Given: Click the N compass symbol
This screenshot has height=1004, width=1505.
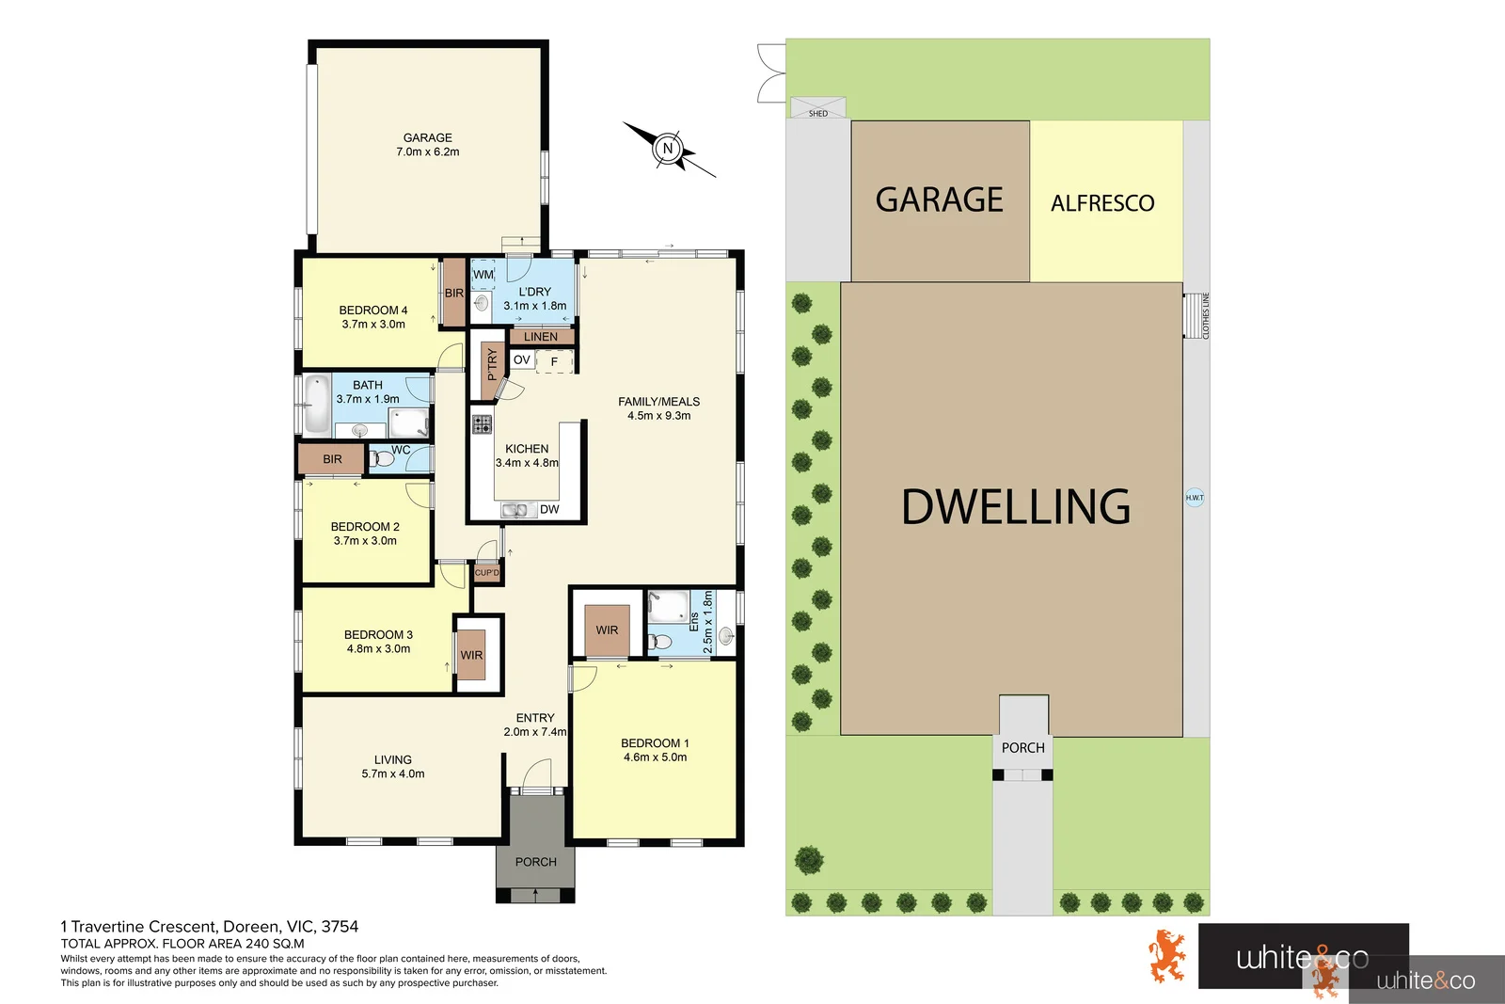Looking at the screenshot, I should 669,149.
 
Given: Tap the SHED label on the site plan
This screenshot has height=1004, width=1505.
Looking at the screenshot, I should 818,113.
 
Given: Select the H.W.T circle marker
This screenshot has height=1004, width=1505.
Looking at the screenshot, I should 1195,497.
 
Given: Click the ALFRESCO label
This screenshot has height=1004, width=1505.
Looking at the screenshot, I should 1102,203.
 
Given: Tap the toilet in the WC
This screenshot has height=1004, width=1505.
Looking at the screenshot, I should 382,459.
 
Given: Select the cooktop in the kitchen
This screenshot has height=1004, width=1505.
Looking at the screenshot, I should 482,423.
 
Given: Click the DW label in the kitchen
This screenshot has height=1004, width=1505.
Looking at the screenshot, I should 550,509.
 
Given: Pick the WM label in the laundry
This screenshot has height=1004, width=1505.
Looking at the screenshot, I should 483,275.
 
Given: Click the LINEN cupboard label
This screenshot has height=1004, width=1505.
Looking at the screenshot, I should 541,337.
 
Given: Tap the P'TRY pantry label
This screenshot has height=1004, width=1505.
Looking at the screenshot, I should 491,364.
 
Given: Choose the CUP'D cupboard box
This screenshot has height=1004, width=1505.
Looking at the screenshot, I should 487,573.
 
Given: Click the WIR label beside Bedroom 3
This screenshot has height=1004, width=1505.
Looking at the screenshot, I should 471,655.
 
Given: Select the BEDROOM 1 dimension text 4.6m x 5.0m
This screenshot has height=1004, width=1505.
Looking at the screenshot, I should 655,757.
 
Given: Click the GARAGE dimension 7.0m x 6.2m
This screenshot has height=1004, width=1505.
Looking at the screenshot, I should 428,152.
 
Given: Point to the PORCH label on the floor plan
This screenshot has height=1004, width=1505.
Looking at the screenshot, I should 535,862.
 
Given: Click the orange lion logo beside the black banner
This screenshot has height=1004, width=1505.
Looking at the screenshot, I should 1167,956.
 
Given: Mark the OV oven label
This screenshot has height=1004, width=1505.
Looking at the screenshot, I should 522,360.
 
